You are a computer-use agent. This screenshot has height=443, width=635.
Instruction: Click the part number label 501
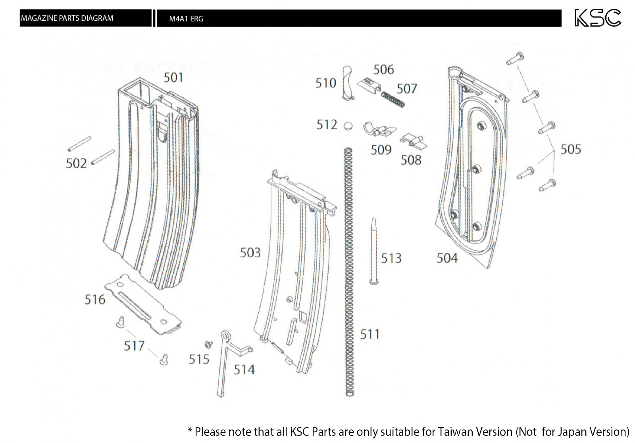(x=173, y=77)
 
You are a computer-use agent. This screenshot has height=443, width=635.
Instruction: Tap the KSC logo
(x=598, y=18)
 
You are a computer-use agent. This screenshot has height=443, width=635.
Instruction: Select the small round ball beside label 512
(x=348, y=126)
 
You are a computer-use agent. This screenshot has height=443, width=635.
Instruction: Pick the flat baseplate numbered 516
(x=143, y=304)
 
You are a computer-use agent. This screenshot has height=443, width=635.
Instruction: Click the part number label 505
(x=570, y=149)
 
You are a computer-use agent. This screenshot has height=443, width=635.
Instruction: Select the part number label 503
(x=250, y=253)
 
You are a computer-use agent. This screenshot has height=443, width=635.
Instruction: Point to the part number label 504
(x=447, y=258)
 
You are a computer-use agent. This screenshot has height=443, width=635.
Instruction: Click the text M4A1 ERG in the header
(x=186, y=19)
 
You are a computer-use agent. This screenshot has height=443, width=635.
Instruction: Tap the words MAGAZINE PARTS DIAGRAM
(x=67, y=18)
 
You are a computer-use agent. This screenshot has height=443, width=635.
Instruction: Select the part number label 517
(x=134, y=346)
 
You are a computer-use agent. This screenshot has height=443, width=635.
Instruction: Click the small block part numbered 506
(x=369, y=87)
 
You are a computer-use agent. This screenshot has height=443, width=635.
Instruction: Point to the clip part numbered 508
(x=412, y=141)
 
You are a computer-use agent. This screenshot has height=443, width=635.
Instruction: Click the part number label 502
(x=76, y=163)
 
